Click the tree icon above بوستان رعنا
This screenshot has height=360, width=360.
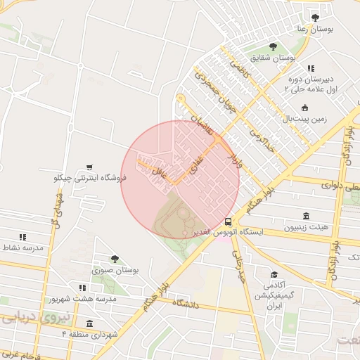[314, 18]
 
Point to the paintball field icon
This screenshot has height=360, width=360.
[304, 108]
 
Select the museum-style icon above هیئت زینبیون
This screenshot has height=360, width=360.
[306, 215]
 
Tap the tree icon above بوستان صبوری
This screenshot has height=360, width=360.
[115, 258]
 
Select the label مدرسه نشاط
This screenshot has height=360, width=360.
[22, 248]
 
